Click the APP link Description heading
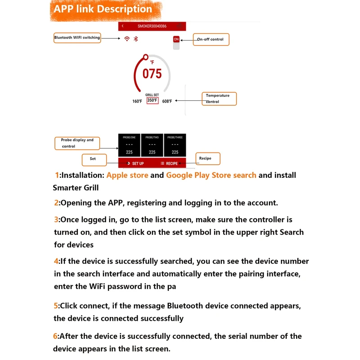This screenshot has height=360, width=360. coord(103,9)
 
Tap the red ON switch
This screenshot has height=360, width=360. coord(176,40)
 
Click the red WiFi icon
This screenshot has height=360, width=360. coord(127,39)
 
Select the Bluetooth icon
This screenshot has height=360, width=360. coord(135,39)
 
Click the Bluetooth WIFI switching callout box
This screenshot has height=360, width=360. coord(77,38)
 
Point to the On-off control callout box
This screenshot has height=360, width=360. coord(211,40)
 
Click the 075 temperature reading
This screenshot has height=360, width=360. coord(152,73)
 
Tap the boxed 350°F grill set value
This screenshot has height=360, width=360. coord(152,101)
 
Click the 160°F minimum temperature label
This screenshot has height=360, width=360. coord(137,101)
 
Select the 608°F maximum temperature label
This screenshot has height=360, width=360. coord(167,101)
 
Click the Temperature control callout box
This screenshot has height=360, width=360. coord(218,99)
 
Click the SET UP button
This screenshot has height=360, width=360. coord(135,163)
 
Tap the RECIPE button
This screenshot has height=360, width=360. coord(169,163)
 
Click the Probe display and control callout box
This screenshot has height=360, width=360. coord(77,143)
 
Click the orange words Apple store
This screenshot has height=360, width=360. coord(127,175)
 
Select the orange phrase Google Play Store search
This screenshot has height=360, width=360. coord(211,175)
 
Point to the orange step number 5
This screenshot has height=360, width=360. coord(56,306)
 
